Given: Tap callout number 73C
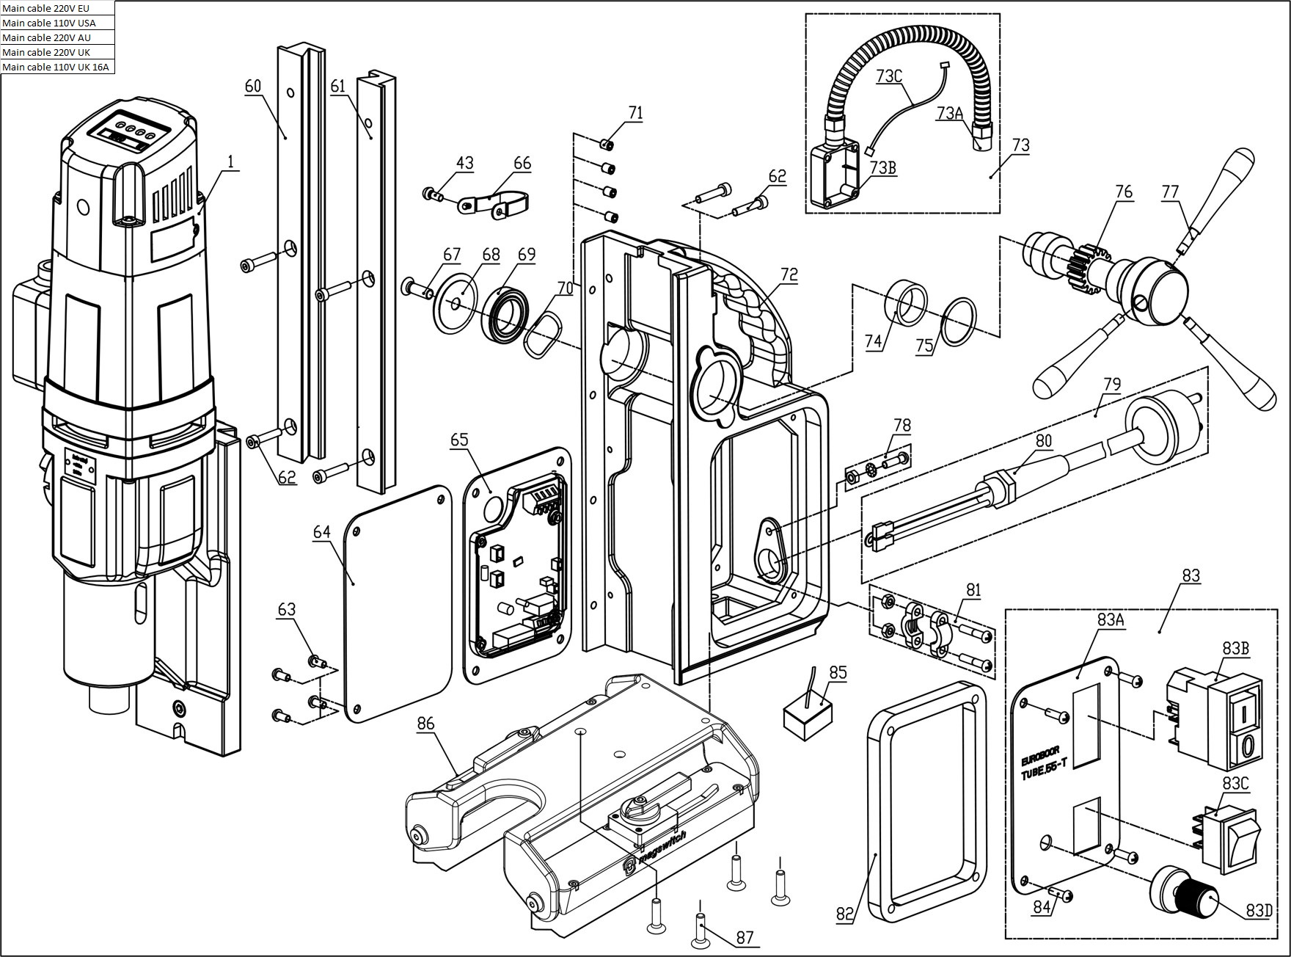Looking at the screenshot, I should click(888, 76).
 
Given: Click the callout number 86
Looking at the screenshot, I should click(425, 724).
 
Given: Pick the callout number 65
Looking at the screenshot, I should click(459, 440).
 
